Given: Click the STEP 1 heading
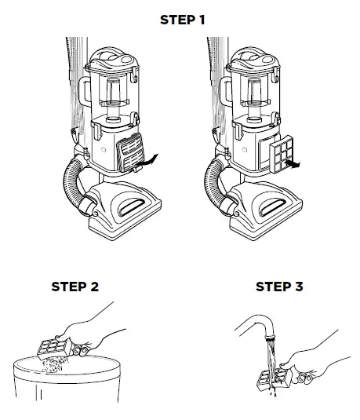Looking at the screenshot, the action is (182, 20).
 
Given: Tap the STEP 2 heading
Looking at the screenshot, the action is (75, 287).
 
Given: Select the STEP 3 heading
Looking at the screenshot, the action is (279, 287).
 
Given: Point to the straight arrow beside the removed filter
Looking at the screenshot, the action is (293, 164).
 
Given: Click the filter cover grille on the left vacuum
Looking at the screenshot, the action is (130, 152).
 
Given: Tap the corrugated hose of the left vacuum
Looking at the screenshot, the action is (74, 184).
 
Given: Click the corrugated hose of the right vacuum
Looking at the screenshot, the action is (215, 184).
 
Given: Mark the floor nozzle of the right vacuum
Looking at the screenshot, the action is (266, 210).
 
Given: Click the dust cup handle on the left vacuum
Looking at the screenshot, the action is (85, 92).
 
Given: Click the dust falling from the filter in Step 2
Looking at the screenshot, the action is (53, 364).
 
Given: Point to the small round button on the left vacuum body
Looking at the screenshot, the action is (104, 150).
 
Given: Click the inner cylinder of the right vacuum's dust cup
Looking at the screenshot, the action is (254, 100).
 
